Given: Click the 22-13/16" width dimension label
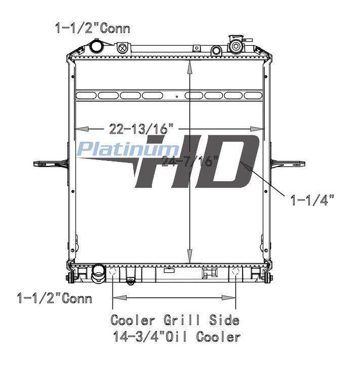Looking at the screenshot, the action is (141, 129).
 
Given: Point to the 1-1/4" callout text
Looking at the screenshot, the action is (312, 200).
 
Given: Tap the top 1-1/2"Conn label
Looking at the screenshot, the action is (93, 28).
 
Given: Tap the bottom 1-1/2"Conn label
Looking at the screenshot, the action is (54, 298).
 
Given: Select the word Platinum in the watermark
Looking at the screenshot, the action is (127, 149).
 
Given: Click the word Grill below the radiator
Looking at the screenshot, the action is (182, 320).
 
